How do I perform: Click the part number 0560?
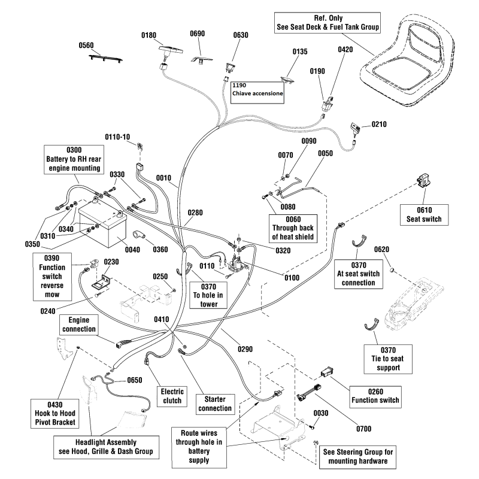[x=87, y=45]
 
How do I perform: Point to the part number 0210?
[x=378, y=125]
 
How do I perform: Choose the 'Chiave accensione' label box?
[x=257, y=90]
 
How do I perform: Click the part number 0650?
[x=135, y=380]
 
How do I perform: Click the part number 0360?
[x=160, y=248]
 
